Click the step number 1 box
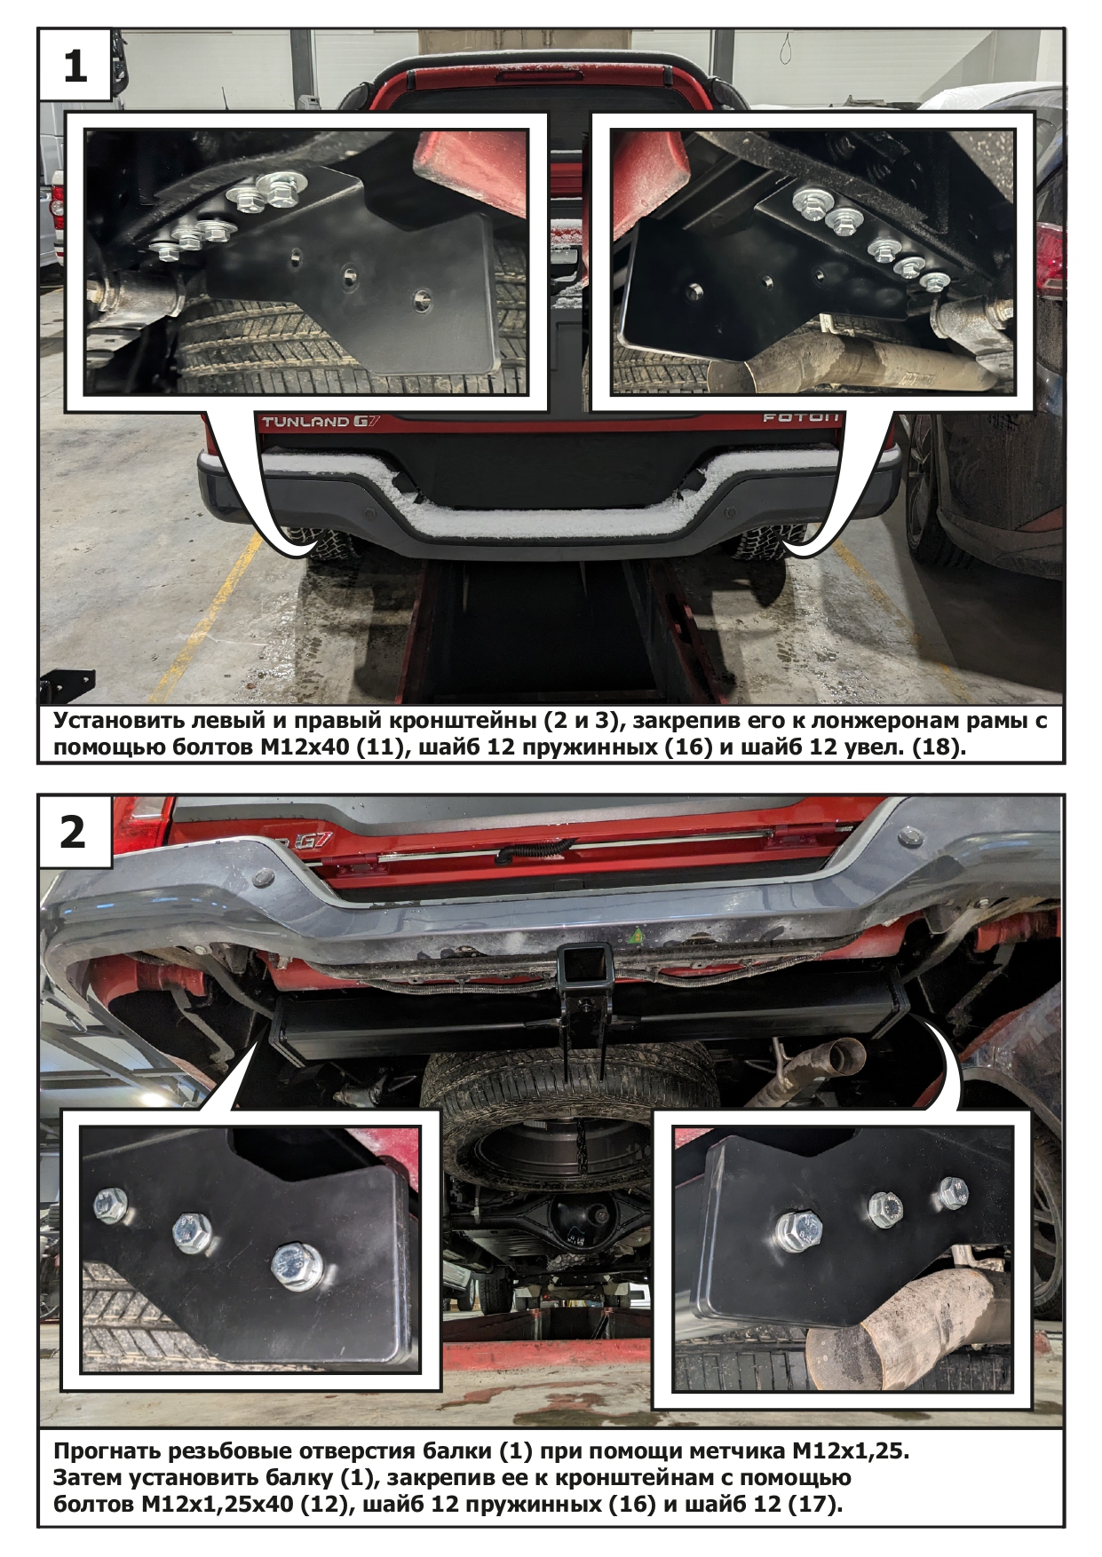pyautogui.click(x=75, y=65)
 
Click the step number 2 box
pyautogui.click(x=75, y=832)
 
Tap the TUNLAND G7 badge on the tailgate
pyautogui.click(x=321, y=422)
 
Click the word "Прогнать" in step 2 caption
pyautogui.click(x=105, y=1451)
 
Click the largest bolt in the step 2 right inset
pyautogui.click(x=801, y=1229)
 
